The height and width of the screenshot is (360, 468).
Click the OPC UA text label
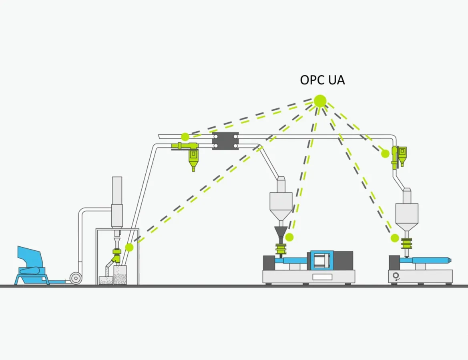(x=322, y=80)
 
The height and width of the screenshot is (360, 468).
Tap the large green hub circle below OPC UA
(x=320, y=101)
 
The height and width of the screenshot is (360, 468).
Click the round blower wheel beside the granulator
(x=75, y=278)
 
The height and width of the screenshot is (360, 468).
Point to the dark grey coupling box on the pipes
(x=225, y=141)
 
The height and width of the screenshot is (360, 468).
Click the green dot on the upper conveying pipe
(x=185, y=137)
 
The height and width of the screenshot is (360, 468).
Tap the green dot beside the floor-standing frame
(x=129, y=247)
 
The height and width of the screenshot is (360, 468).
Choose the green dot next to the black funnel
(x=289, y=237)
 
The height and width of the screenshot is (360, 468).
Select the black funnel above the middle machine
(x=280, y=234)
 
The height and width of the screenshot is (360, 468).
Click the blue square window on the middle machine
(x=322, y=260)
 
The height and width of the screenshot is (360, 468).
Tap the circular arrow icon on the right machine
(x=397, y=276)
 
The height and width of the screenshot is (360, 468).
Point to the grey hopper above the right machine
(x=407, y=214)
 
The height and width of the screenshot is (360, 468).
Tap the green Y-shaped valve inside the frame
(x=116, y=256)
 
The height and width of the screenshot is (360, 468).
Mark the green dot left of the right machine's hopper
(x=395, y=238)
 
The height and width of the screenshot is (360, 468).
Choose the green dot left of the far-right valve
(x=385, y=154)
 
